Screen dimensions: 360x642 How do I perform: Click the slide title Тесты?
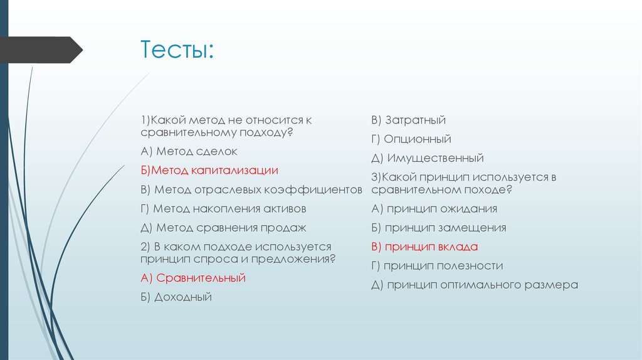point(177,50)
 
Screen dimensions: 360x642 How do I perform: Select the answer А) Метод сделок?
point(189,152)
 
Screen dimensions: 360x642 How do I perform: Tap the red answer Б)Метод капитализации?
point(209,171)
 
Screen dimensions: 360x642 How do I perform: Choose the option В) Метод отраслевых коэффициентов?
point(251,189)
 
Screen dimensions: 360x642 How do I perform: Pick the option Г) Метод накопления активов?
point(223,209)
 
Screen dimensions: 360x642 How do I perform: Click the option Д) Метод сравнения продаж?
point(223,228)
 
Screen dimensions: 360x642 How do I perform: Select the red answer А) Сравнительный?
point(193,278)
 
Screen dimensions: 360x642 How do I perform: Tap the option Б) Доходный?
point(176,297)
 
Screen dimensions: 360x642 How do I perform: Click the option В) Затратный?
point(408,120)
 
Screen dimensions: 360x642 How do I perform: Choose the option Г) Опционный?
point(411,139)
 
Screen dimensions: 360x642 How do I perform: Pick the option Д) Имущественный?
point(427,158)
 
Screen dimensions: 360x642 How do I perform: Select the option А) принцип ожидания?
point(434,209)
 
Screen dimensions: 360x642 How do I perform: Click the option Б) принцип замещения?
point(438,228)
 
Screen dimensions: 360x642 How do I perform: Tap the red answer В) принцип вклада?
point(424,246)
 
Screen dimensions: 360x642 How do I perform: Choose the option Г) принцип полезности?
point(436,266)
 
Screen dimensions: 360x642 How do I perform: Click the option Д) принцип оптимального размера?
point(474,285)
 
